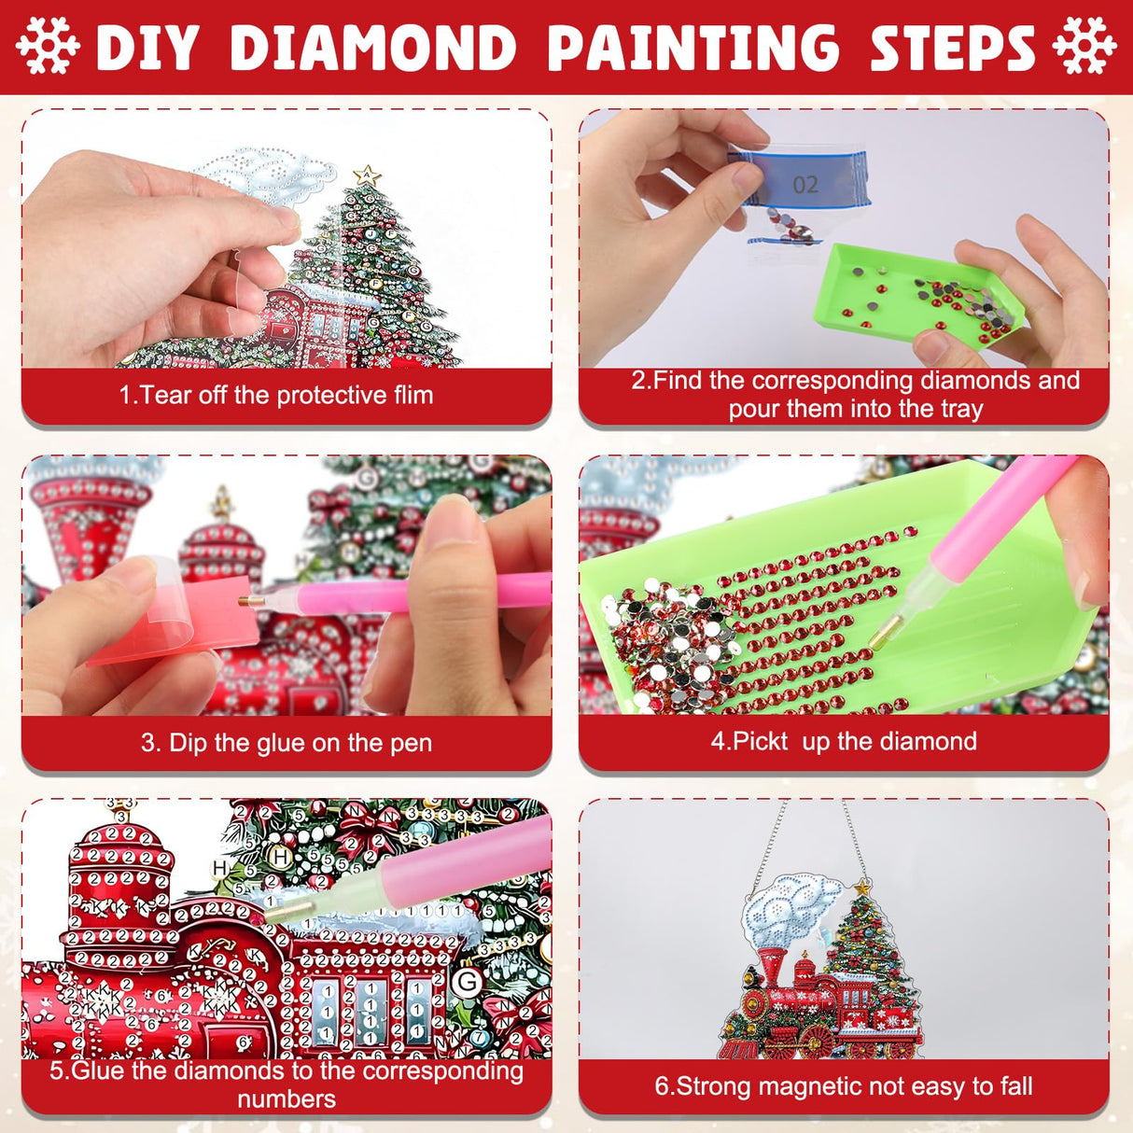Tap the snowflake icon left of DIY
click(x=49, y=46)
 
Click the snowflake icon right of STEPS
click(x=1084, y=46)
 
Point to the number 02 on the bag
click(x=805, y=185)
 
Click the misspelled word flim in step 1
click(x=413, y=395)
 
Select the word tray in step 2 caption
click(x=961, y=409)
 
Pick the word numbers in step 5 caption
click(x=287, y=1098)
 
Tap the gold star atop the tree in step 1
click(x=367, y=175)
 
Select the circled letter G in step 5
click(x=467, y=981)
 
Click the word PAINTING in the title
click(x=692, y=48)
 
